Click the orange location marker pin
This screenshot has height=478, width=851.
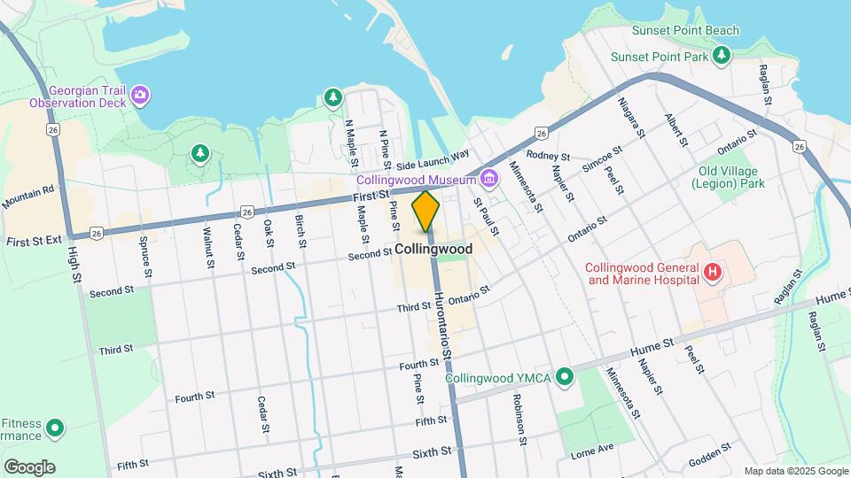(425, 212)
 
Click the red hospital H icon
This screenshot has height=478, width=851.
(712, 274)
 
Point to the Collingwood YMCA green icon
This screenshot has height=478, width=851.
(563, 378)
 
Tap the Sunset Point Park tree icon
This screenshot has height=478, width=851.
(722, 57)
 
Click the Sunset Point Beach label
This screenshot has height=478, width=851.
(684, 31)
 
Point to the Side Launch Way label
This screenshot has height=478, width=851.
(433, 159)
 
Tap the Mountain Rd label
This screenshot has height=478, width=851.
(28, 197)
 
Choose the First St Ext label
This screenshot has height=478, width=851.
(33, 241)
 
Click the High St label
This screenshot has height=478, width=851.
(74, 265)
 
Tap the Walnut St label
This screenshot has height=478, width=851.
(208, 247)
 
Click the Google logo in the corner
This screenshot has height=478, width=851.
(29, 466)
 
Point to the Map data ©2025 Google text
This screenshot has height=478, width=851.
(795, 471)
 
